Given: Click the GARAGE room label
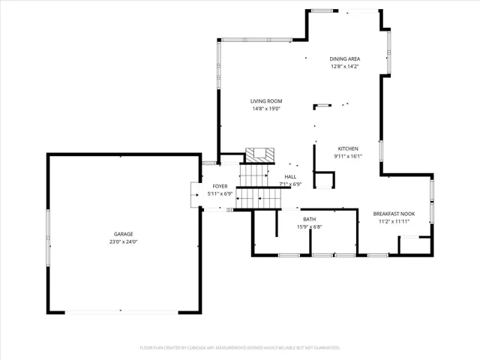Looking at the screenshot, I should pos(124,234).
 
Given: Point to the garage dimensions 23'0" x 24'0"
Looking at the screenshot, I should pos(124,241).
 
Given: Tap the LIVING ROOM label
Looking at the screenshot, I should pos(266,101).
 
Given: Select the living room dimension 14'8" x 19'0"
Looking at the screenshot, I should pos(266,109).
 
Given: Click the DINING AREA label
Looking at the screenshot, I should pos(346,59).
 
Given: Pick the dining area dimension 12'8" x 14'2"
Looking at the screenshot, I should pos(346,67).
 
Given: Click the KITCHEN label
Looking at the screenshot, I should pos(348,148).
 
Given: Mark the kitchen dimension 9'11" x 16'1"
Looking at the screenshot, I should pos(348,156).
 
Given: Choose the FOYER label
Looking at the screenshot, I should pos(220,186).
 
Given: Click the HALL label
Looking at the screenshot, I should pos(290,176).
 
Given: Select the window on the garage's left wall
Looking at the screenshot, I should pos(48,232).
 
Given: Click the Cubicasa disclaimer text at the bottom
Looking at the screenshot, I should pos(240,347).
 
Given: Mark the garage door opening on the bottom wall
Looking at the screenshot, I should pos(124,312).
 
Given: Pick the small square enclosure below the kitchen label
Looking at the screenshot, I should pos(324,181).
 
